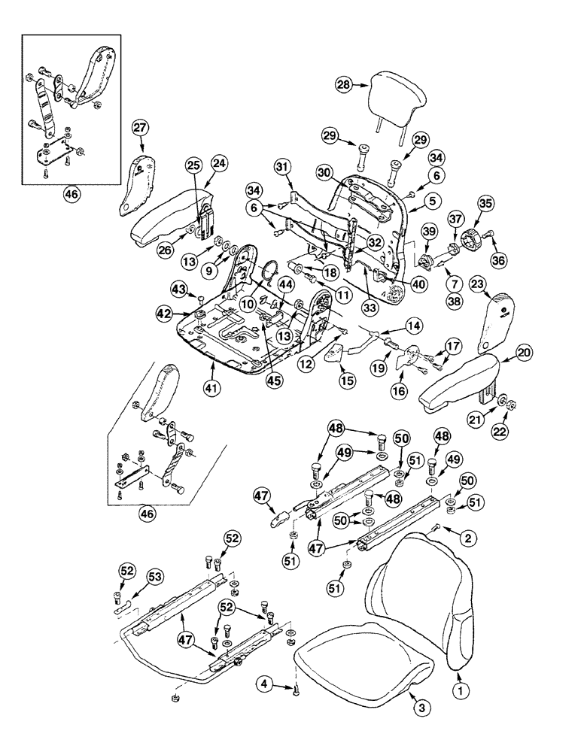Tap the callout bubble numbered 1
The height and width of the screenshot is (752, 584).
459,687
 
